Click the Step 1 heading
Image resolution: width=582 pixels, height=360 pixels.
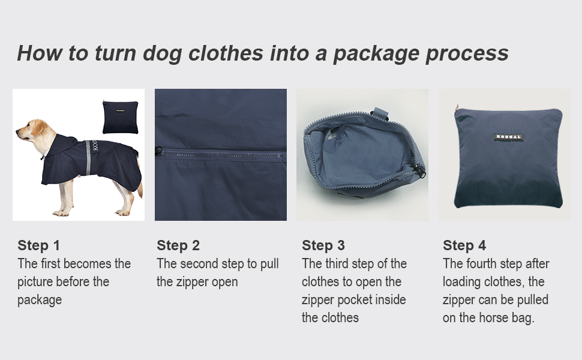click(x=38, y=245)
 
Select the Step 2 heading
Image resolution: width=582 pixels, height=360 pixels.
click(x=178, y=245)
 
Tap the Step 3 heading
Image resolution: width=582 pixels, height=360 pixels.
click(x=323, y=245)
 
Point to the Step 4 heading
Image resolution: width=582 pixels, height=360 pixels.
click(x=464, y=245)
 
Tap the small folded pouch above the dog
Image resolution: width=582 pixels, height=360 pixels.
click(x=120, y=117)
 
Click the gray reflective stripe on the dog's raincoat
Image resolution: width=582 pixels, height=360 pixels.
click(x=88, y=157)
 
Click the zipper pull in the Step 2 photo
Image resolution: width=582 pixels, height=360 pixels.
click(x=158, y=151)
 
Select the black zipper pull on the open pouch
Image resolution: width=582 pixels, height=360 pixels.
click(x=419, y=171)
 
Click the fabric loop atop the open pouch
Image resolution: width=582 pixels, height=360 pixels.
click(x=380, y=113)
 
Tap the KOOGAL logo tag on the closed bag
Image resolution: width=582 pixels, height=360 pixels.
click(x=509, y=137)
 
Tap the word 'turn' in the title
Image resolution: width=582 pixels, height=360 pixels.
click(x=115, y=53)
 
